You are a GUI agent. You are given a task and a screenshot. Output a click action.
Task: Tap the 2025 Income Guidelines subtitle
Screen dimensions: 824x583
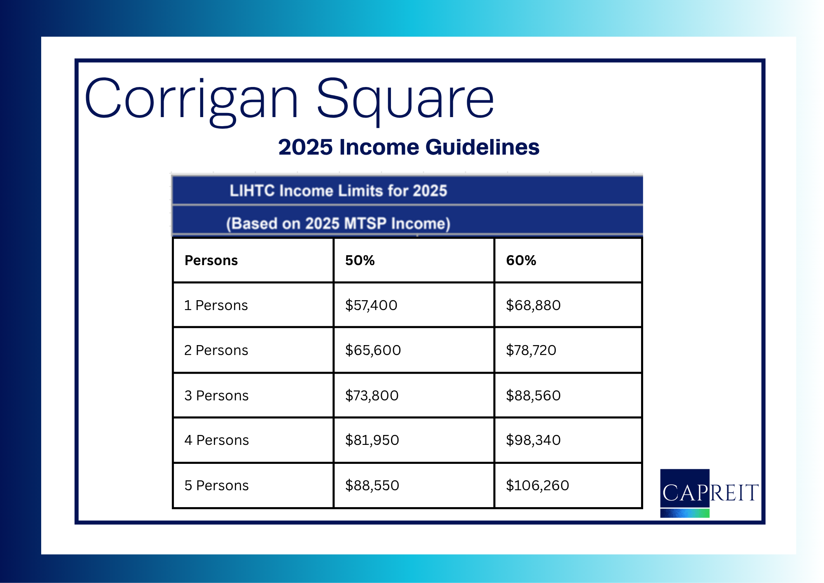[x=409, y=147]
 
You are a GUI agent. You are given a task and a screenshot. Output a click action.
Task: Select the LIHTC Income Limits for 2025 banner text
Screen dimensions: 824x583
[x=338, y=190]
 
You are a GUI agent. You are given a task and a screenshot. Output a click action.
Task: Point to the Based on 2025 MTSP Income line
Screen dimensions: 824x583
[x=338, y=223]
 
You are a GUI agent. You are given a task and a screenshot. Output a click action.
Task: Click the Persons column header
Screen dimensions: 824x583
[x=211, y=261]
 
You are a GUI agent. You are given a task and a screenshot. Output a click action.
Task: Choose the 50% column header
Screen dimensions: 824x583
[x=360, y=261]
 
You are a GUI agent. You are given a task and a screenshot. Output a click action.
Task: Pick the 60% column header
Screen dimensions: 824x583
[x=521, y=261]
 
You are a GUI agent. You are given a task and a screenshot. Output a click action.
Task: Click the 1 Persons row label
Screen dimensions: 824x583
[x=216, y=305]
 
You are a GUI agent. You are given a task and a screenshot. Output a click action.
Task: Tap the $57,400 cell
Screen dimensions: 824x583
[x=371, y=305]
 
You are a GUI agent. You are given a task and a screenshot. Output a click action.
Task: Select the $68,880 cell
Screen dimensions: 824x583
[x=533, y=305]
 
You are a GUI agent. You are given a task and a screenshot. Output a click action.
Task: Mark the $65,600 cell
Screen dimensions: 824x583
[x=373, y=350]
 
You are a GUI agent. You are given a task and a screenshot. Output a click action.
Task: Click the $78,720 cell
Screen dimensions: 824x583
[x=531, y=350]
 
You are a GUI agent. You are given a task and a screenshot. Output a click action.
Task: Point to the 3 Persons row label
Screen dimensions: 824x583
[x=216, y=395]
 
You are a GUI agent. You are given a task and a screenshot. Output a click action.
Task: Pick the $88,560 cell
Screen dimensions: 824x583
[x=533, y=395]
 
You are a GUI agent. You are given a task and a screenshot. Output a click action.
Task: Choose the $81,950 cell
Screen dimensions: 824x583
[x=372, y=440]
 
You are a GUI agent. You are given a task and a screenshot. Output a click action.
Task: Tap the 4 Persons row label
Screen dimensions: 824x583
[x=217, y=440]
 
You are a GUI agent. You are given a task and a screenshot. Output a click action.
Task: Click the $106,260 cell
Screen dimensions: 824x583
[x=537, y=485]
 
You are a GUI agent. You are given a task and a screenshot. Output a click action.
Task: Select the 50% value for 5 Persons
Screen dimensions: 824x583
[x=372, y=485]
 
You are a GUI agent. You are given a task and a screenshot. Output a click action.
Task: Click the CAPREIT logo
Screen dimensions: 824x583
[x=709, y=493]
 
